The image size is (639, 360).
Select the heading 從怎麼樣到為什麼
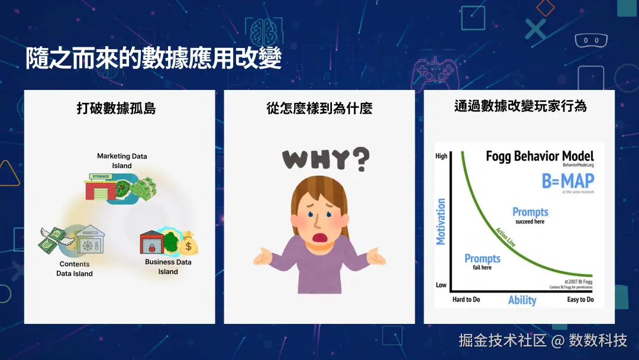(319, 108)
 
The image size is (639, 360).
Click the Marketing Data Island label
(122, 160)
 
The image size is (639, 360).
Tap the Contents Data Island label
(75, 269)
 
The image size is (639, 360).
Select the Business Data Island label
(168, 266)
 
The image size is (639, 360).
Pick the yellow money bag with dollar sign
(189, 243)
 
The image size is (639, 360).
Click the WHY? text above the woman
(325, 159)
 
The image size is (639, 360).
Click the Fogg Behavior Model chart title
(539, 156)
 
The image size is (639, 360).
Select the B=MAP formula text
(567, 181)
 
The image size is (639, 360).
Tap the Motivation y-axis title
(441, 221)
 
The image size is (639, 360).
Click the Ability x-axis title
(522, 300)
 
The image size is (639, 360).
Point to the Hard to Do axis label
(466, 300)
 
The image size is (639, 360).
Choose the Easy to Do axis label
(580, 300)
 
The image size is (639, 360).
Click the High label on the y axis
(441, 156)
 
